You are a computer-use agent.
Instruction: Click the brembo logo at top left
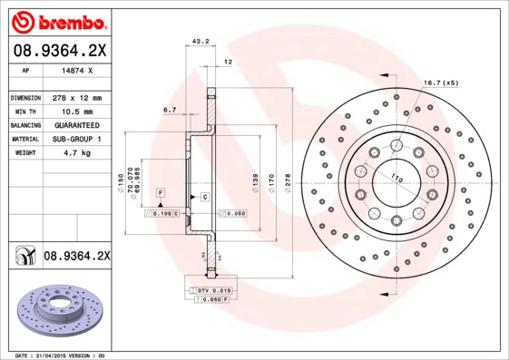click(58, 20)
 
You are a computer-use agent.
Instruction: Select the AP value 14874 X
click(77, 69)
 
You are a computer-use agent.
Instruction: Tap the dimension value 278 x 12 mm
click(76, 97)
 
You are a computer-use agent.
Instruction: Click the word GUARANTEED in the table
click(76, 125)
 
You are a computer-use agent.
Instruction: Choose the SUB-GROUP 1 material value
click(76, 140)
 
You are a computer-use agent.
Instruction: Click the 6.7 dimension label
click(170, 110)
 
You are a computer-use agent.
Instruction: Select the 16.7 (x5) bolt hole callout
click(442, 83)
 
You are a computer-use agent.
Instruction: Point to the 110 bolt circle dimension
click(396, 179)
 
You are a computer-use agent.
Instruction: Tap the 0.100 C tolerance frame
click(164, 212)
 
